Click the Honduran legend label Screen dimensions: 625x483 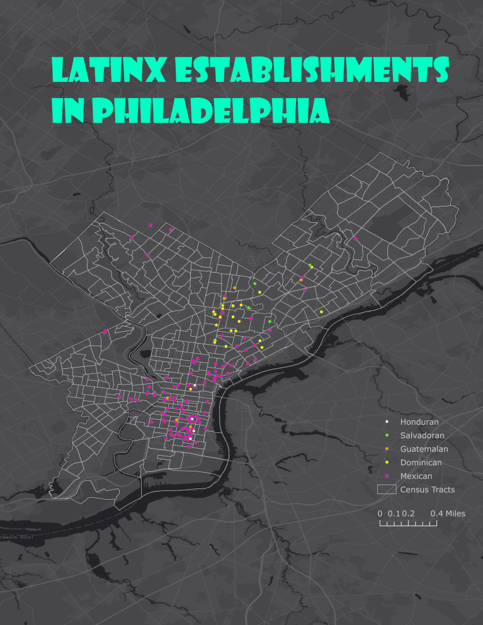tap(419, 422)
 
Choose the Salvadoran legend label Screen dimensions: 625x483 tap(423, 436)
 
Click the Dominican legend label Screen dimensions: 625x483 tap(421, 463)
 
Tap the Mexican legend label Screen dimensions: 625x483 tap(416, 476)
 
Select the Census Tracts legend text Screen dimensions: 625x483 tap(427, 490)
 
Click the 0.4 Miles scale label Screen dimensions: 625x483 tap(448, 514)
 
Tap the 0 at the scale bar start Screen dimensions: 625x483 tap(380, 514)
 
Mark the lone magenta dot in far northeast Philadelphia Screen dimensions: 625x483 tap(356, 239)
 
